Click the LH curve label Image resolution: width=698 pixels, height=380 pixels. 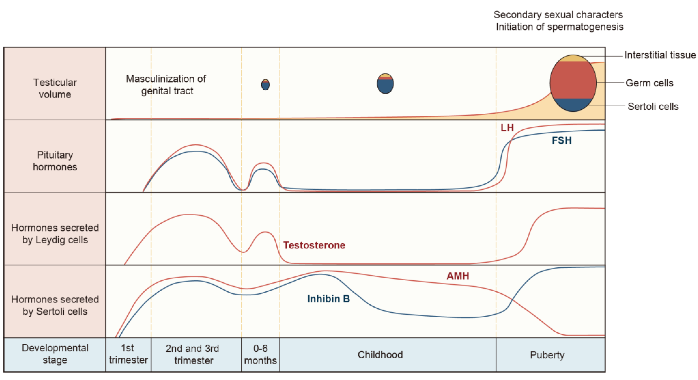(507, 128)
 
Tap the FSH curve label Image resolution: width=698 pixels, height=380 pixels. (561, 140)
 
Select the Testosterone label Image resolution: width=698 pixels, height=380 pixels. (314, 245)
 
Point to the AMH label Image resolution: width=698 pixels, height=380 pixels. (458, 276)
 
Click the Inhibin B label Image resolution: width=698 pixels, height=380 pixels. (328, 299)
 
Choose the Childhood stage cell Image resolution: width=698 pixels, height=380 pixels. (380, 355)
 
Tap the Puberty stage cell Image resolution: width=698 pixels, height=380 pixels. (547, 355)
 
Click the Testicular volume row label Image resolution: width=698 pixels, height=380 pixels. (55, 88)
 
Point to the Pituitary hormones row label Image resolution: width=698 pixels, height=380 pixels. (55, 161)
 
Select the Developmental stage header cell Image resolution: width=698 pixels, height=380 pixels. (55, 354)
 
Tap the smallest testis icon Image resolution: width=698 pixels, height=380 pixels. (265, 85)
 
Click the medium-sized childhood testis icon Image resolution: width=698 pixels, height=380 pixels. (385, 84)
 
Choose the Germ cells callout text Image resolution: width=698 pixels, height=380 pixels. (649, 83)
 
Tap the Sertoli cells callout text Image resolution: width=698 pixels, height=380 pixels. (653, 106)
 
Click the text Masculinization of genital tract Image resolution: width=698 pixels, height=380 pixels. (166, 85)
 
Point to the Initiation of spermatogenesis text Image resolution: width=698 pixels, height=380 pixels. (559, 27)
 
